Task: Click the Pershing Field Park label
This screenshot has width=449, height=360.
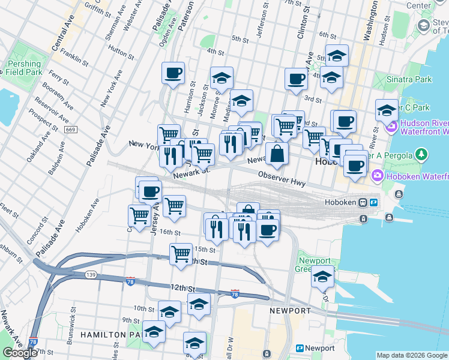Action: coord(24,67)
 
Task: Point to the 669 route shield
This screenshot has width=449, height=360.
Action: coord(71,130)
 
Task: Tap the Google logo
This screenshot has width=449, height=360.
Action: coord(20,353)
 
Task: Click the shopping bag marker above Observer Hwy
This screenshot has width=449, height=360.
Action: coord(277,154)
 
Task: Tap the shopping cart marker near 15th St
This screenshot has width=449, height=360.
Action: coord(181,254)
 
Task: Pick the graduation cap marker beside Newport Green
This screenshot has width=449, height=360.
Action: coord(322,277)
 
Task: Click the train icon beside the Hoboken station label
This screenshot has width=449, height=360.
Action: coord(363,203)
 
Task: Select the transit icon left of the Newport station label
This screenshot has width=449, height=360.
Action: coord(299,348)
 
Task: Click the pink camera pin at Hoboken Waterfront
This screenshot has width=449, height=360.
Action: coord(378,176)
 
